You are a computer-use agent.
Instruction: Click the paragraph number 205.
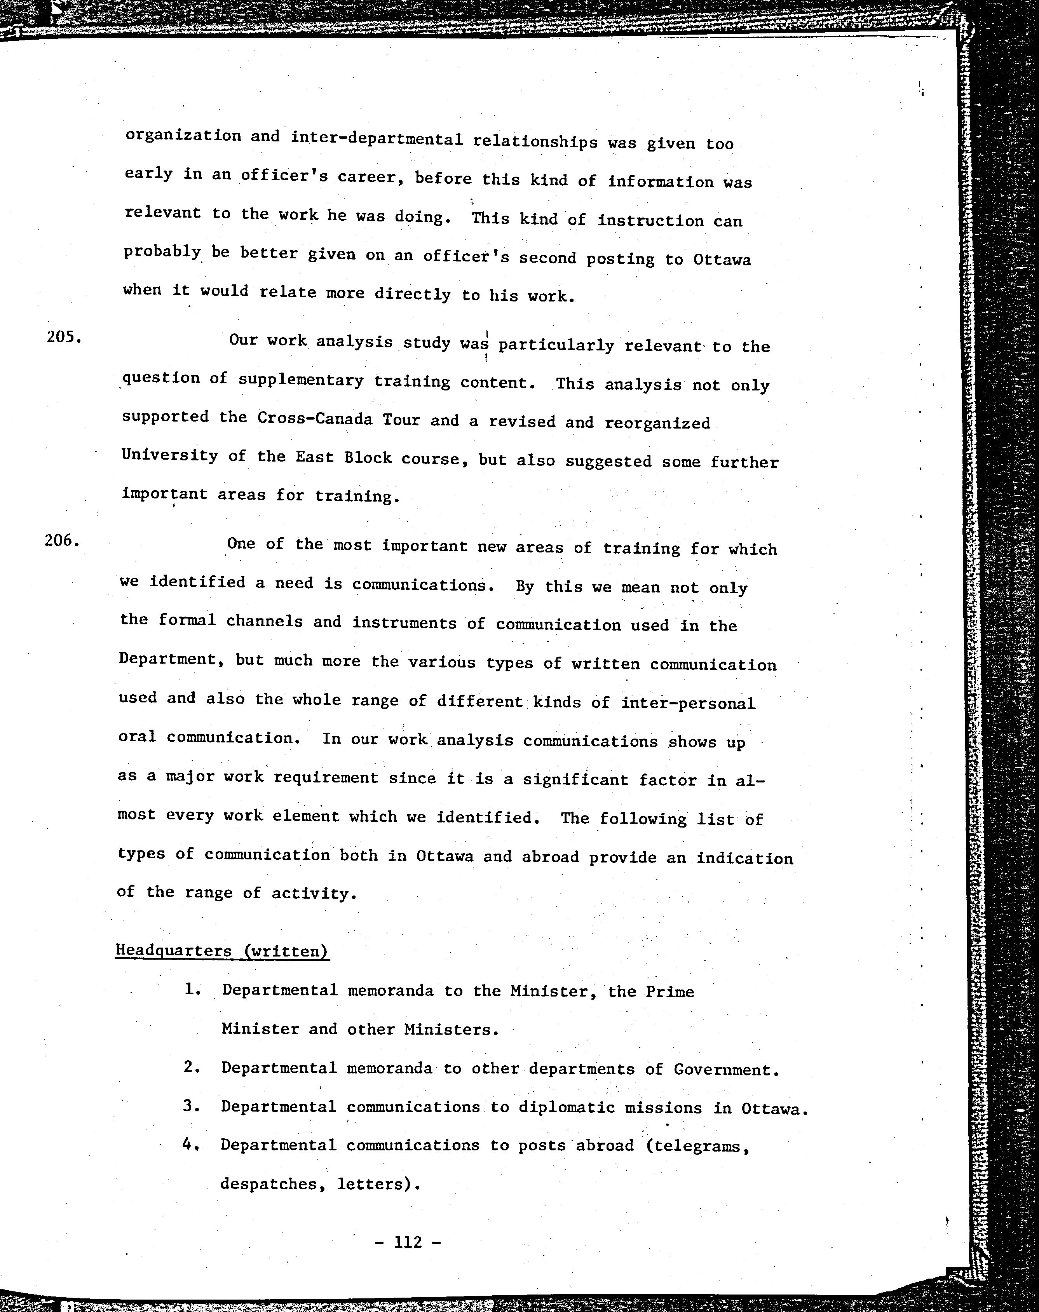(63, 336)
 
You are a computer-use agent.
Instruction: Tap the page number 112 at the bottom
(408, 1241)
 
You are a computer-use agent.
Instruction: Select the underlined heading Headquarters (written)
(222, 951)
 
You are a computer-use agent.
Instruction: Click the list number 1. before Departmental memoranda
(192, 989)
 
